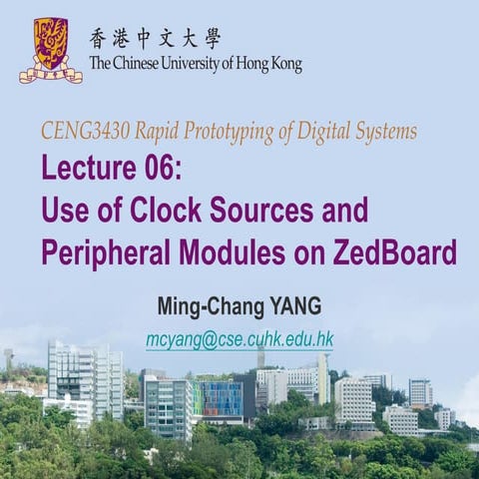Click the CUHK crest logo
click(x=50, y=50)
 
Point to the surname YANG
click(x=298, y=303)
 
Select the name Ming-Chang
click(x=206, y=303)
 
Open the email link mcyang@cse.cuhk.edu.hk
click(x=239, y=339)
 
